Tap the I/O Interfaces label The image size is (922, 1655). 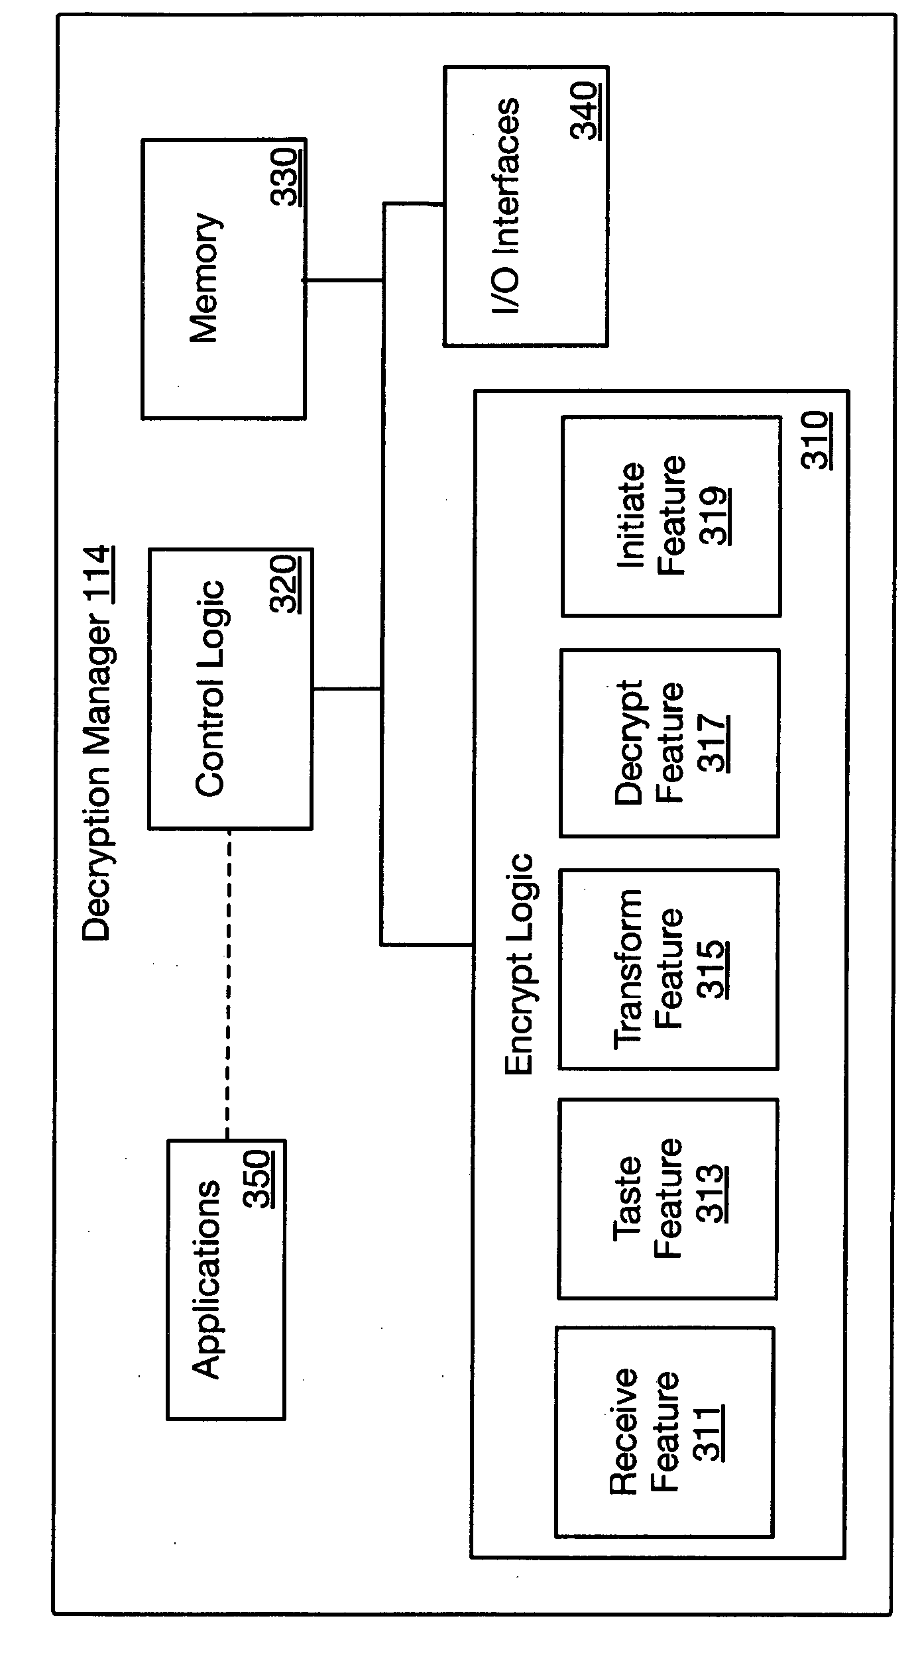tap(508, 206)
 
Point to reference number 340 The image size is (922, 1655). tap(587, 111)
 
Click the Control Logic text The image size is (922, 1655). tap(211, 688)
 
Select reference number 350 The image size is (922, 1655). tap(258, 1179)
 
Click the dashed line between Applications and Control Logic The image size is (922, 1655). tap(227, 985)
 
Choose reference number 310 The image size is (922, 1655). tap(817, 441)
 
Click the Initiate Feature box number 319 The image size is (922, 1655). tap(715, 516)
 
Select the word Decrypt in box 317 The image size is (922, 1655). tap(630, 742)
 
